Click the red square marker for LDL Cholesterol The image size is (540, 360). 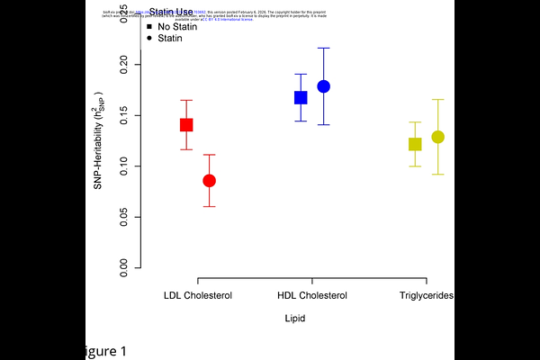[x=186, y=125]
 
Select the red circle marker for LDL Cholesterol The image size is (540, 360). [x=209, y=181]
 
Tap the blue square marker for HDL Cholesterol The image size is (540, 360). [x=301, y=97]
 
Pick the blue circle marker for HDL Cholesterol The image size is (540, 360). [x=324, y=86]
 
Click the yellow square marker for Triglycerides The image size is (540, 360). [x=415, y=144]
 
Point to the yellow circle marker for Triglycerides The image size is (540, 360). [x=437, y=137]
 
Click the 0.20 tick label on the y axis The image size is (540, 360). [x=124, y=65]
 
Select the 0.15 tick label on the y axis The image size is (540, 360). [x=124, y=115]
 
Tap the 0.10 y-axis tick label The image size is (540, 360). [x=124, y=166]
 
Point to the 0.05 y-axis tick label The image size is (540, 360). [x=124, y=217]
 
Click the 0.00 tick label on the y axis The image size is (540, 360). [x=124, y=267]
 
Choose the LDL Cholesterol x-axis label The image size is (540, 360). [x=198, y=295]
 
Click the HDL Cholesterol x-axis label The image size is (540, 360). [x=312, y=295]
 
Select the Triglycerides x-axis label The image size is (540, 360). [x=426, y=295]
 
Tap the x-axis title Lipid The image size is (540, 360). [x=294, y=319]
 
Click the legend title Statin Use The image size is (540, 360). [x=171, y=12]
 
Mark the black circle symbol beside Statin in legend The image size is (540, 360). [x=148, y=39]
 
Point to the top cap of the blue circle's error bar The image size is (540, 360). [x=324, y=48]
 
